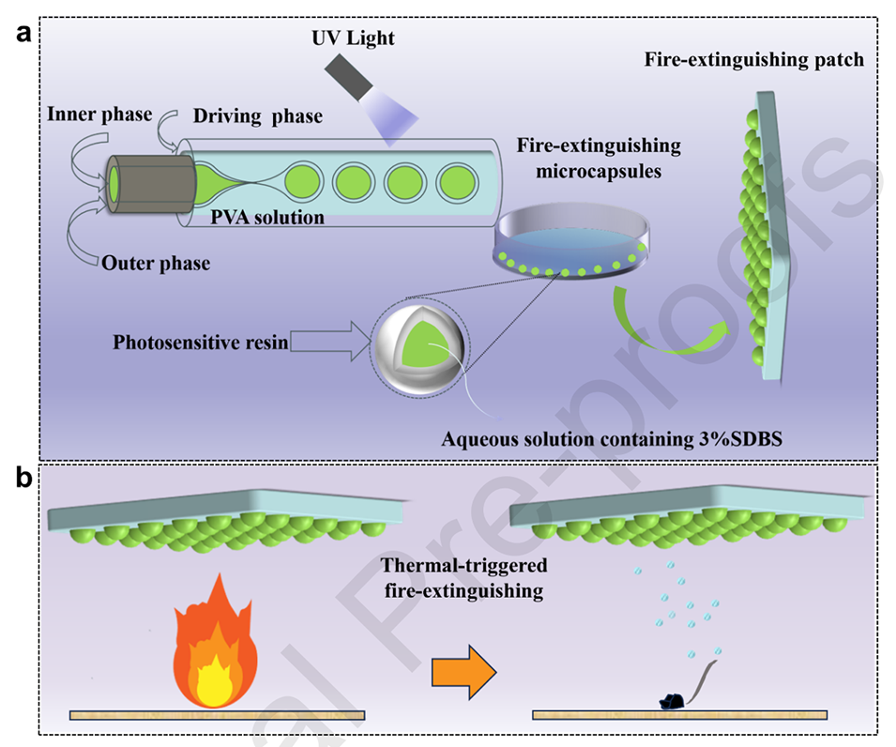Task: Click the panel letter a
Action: (x=23, y=35)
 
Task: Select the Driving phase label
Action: (x=257, y=117)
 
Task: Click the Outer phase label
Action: (x=156, y=263)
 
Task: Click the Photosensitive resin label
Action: (x=200, y=343)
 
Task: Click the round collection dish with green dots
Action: (x=572, y=246)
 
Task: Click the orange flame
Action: (x=215, y=648)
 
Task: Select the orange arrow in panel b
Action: (x=463, y=671)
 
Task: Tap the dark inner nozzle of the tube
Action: (x=150, y=182)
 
